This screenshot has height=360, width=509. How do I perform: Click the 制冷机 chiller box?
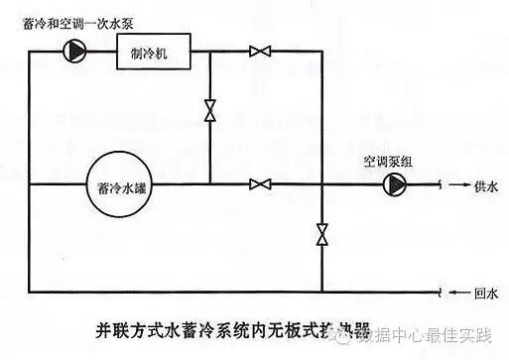click(150, 52)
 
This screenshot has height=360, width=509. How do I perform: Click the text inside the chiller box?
click(150, 52)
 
